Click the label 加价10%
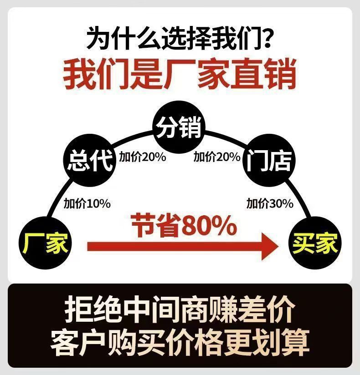(87, 203)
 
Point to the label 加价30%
(270, 203)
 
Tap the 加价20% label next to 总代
(142, 157)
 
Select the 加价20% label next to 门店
(216, 157)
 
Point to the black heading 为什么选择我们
(173, 38)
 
